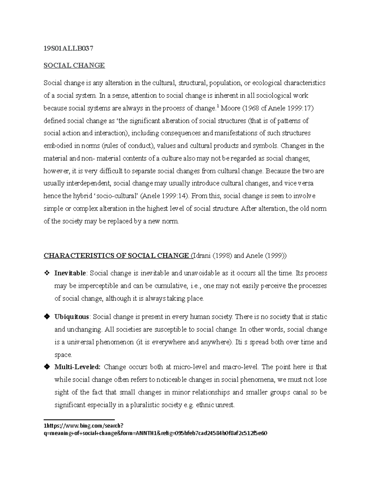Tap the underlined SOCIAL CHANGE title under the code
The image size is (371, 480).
(74, 65)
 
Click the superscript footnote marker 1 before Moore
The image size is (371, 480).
(218, 107)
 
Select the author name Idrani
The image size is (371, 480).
(202, 256)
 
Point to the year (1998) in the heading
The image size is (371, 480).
(222, 256)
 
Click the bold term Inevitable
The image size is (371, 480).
(70, 273)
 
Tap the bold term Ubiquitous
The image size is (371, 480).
(72, 317)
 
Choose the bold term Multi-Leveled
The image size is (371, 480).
(77, 367)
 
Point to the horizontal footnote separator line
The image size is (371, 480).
(79, 419)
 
